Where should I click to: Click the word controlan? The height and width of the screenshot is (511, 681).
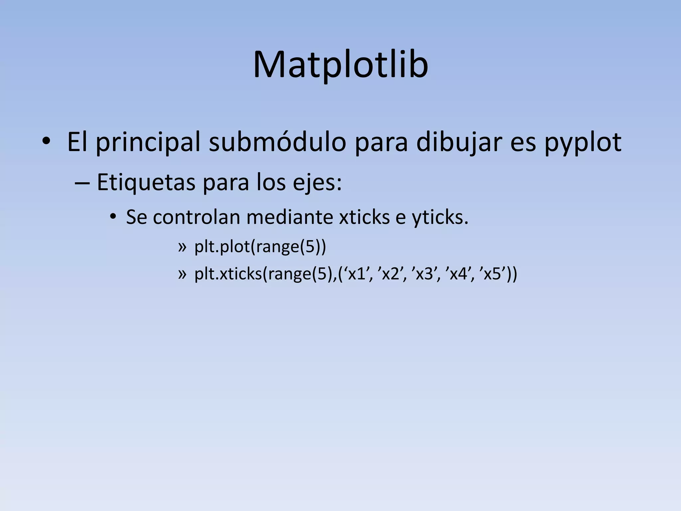197,217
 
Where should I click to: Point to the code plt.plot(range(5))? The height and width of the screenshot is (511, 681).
260,247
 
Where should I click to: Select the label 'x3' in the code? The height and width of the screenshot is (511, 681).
424,274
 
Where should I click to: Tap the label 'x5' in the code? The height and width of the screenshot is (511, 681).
492,274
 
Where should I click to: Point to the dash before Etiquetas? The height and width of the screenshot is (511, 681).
82,183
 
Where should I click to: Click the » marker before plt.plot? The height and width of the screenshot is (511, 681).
182,248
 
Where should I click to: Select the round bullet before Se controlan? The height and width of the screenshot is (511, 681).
113,217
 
